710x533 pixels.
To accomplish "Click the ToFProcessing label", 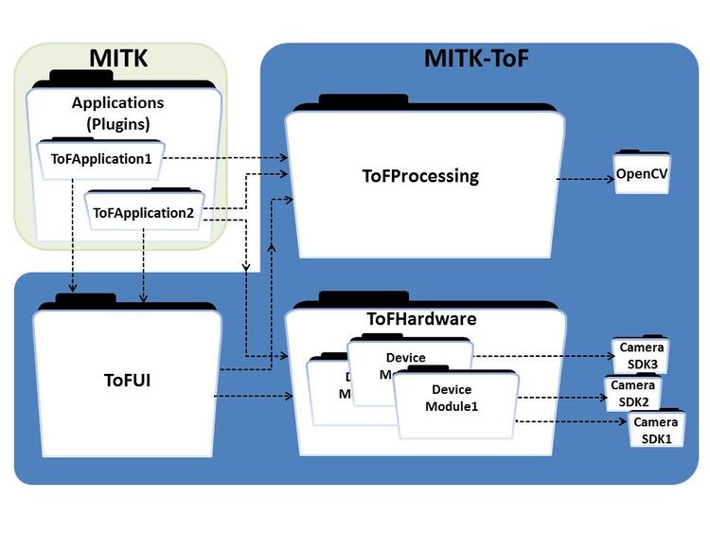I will (420, 176).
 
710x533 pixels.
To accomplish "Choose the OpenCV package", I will (642, 174).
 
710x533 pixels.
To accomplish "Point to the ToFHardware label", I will (420, 319).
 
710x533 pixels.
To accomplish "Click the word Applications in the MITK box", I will (117, 102).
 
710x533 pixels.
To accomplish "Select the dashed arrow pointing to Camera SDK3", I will (543, 357).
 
